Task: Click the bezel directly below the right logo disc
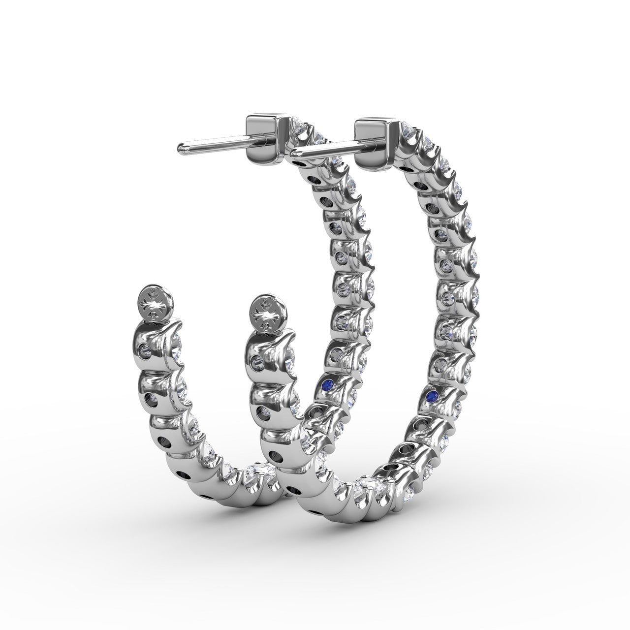pyautogui.click(x=266, y=352)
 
